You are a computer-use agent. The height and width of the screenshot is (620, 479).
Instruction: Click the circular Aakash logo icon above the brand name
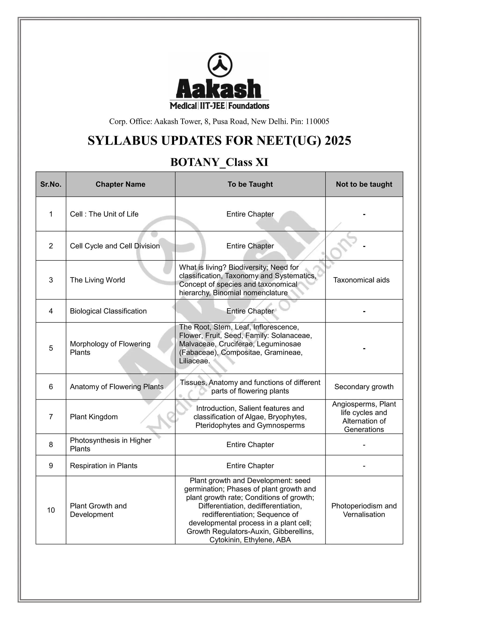coord(220,65)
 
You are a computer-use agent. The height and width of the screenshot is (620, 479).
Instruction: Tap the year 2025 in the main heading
coord(338,141)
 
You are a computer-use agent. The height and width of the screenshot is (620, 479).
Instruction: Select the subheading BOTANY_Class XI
coord(219,162)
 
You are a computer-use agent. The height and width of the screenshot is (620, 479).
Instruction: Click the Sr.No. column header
coord(51,184)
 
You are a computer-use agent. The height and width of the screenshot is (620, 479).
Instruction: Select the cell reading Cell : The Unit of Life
coord(104,214)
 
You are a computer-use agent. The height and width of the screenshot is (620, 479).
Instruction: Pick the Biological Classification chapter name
coord(108,311)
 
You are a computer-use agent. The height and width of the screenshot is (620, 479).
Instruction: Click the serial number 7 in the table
coord(51,417)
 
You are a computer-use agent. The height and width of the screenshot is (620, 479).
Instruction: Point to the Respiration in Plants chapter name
coord(104,466)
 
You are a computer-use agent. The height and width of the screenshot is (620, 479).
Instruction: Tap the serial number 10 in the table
coord(51,510)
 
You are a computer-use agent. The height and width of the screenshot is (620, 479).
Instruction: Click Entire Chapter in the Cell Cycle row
coord(250,246)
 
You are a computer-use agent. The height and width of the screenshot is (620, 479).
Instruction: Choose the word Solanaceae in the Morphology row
coord(291,336)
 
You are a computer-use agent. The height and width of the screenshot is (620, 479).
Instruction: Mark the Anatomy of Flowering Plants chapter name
coord(117,387)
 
